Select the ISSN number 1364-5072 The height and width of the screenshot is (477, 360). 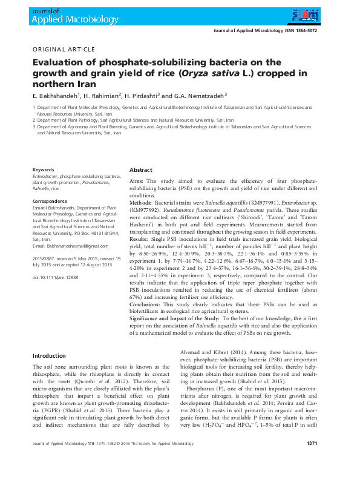click(x=304, y=30)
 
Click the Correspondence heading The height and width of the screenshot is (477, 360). click(x=50, y=200)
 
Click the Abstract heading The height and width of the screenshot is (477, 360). click(x=140, y=171)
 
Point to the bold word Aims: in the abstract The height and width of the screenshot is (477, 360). click(x=137, y=181)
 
